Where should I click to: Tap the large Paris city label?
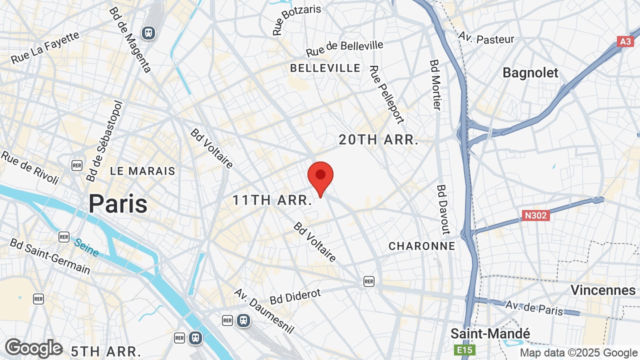[118, 203]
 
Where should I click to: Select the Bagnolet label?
[530, 73]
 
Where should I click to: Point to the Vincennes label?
[602, 290]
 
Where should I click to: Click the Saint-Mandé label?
[490, 333]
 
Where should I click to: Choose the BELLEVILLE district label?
[325, 68]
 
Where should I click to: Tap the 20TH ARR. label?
[378, 140]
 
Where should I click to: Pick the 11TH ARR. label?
[272, 200]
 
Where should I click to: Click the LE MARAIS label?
[142, 171]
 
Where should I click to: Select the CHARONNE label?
[422, 246]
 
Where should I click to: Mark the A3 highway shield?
[625, 41]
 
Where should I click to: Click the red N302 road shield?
[536, 215]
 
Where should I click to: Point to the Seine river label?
[86, 247]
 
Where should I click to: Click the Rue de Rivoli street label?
[30, 167]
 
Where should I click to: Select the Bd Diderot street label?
[295, 296]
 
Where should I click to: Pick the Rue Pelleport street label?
[386, 94]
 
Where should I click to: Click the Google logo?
[33, 348]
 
